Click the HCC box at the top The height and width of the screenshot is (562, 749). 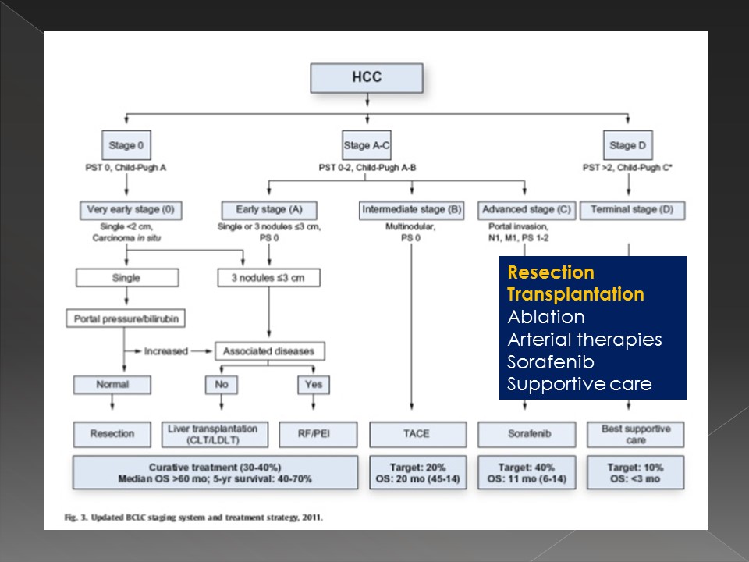click(367, 78)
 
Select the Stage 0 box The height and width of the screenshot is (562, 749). click(126, 145)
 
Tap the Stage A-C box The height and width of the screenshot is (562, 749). click(367, 145)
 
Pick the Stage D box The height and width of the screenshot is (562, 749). click(628, 145)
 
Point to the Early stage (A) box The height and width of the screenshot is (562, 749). click(268, 210)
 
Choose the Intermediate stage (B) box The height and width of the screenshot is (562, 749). click(411, 210)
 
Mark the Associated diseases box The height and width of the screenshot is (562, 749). click(269, 351)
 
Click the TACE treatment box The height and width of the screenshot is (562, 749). click(417, 434)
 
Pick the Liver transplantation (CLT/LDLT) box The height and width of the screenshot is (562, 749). click(217, 434)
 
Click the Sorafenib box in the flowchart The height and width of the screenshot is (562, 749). click(526, 434)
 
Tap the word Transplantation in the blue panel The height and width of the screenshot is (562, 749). click(576, 294)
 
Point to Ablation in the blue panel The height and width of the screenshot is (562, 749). click(545, 317)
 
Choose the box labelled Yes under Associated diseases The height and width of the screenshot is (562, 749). click(313, 384)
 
